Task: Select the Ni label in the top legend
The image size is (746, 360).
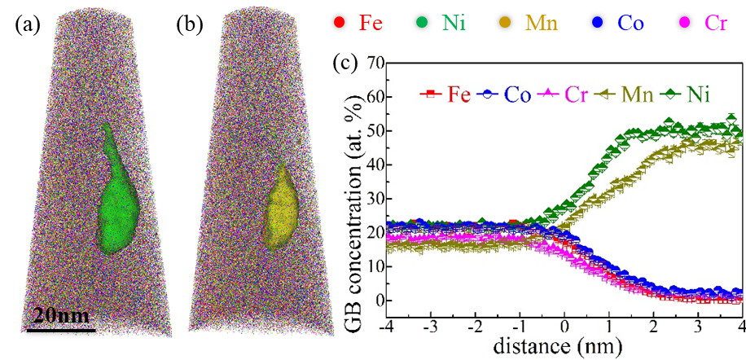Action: [x=454, y=23]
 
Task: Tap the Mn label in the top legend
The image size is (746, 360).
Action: [x=542, y=23]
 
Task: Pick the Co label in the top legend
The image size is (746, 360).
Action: [x=630, y=23]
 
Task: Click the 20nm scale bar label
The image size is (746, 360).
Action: [x=61, y=315]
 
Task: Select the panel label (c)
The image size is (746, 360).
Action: [x=349, y=64]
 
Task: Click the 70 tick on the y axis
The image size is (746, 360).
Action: [x=373, y=62]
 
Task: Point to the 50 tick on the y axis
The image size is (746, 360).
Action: [x=373, y=130]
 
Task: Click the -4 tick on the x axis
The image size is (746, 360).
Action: [x=384, y=335]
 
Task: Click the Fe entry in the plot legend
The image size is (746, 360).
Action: [x=444, y=94]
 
